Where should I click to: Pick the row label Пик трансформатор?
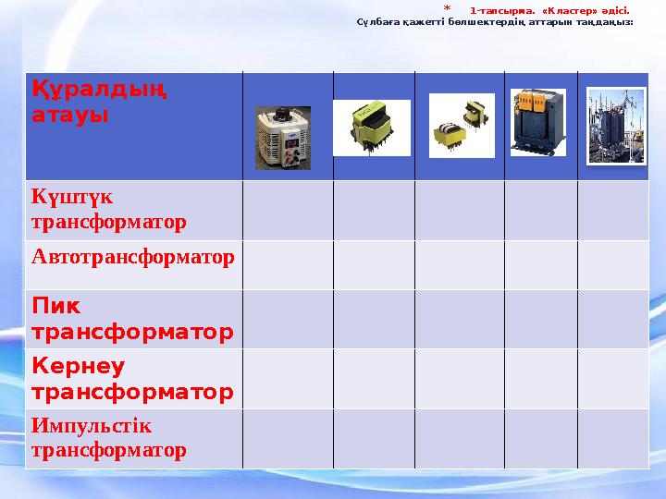click(131, 318)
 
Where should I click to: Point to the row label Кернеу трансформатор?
click(131, 379)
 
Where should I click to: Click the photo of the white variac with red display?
click(283, 138)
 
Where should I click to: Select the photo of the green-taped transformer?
click(371, 128)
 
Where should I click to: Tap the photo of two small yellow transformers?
click(462, 126)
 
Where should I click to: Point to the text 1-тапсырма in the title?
click(498, 11)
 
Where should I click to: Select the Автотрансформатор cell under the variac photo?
click(288, 264)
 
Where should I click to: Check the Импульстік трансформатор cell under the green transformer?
click(374, 438)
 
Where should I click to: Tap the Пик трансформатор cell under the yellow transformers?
click(460, 318)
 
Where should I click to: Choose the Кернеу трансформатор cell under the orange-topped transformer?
click(540, 379)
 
